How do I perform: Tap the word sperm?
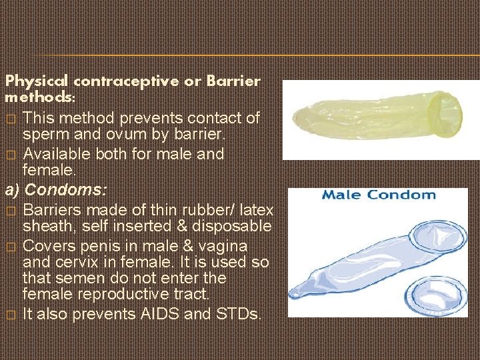click(x=47, y=135)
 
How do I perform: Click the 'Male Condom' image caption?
click(x=379, y=195)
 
